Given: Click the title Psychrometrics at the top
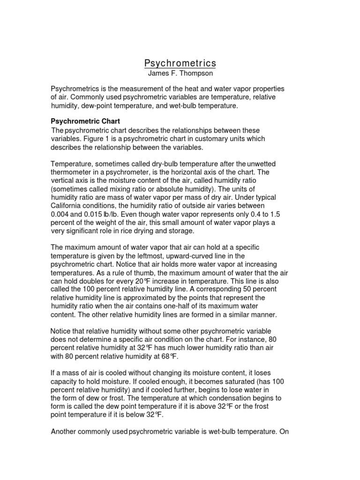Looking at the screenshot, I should tap(180, 63).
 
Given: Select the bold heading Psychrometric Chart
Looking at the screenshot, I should tap(85, 121).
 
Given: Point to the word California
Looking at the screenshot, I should tap(70, 206).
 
